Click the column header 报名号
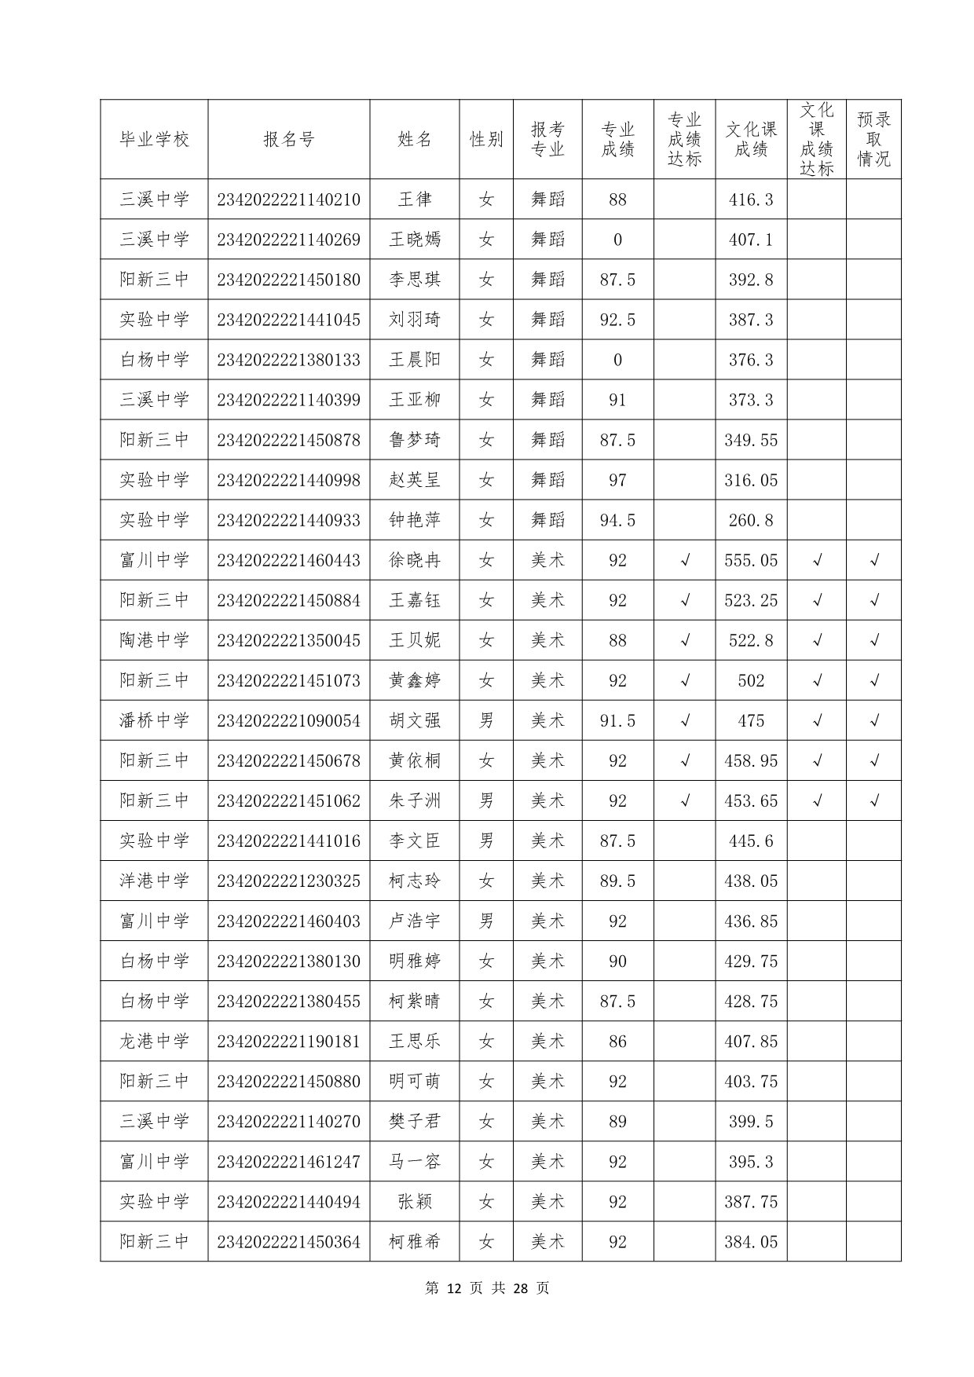[x=288, y=140]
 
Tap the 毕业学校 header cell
[x=154, y=140]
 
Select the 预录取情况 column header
[x=873, y=140]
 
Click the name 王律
[x=414, y=200]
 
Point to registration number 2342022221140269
[x=288, y=240]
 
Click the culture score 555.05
[x=750, y=560]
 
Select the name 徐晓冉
[x=414, y=560]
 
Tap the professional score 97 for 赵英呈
[x=617, y=480]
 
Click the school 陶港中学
[x=154, y=640]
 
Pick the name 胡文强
[x=414, y=720]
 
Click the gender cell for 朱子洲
[x=486, y=800]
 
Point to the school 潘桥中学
[x=154, y=720]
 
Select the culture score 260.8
[x=750, y=520]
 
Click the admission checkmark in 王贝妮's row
[x=873, y=640]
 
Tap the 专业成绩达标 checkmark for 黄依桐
[x=685, y=760]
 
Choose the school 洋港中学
[x=154, y=881]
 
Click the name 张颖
[x=414, y=1201]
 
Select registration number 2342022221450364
[x=288, y=1241]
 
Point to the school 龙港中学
[x=154, y=1041]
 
